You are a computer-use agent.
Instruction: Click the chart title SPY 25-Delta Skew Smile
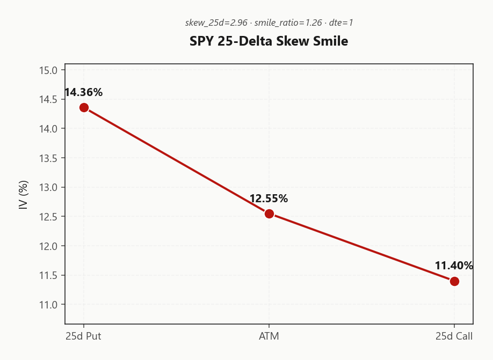pyautogui.click(x=269, y=41)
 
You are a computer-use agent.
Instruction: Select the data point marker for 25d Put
pyautogui.click(x=84, y=107)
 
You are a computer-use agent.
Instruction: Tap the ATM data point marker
pyautogui.click(x=269, y=214)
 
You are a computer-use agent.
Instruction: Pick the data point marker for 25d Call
pyautogui.click(x=454, y=281)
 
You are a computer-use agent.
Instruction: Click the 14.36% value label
pyautogui.click(x=83, y=92)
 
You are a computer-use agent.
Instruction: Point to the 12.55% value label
pyautogui.click(x=269, y=199)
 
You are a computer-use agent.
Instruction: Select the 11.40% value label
pyautogui.click(x=454, y=266)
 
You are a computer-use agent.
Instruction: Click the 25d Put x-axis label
pyautogui.click(x=84, y=336)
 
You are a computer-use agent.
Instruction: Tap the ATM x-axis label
pyautogui.click(x=269, y=336)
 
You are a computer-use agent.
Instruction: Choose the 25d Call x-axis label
pyautogui.click(x=454, y=336)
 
